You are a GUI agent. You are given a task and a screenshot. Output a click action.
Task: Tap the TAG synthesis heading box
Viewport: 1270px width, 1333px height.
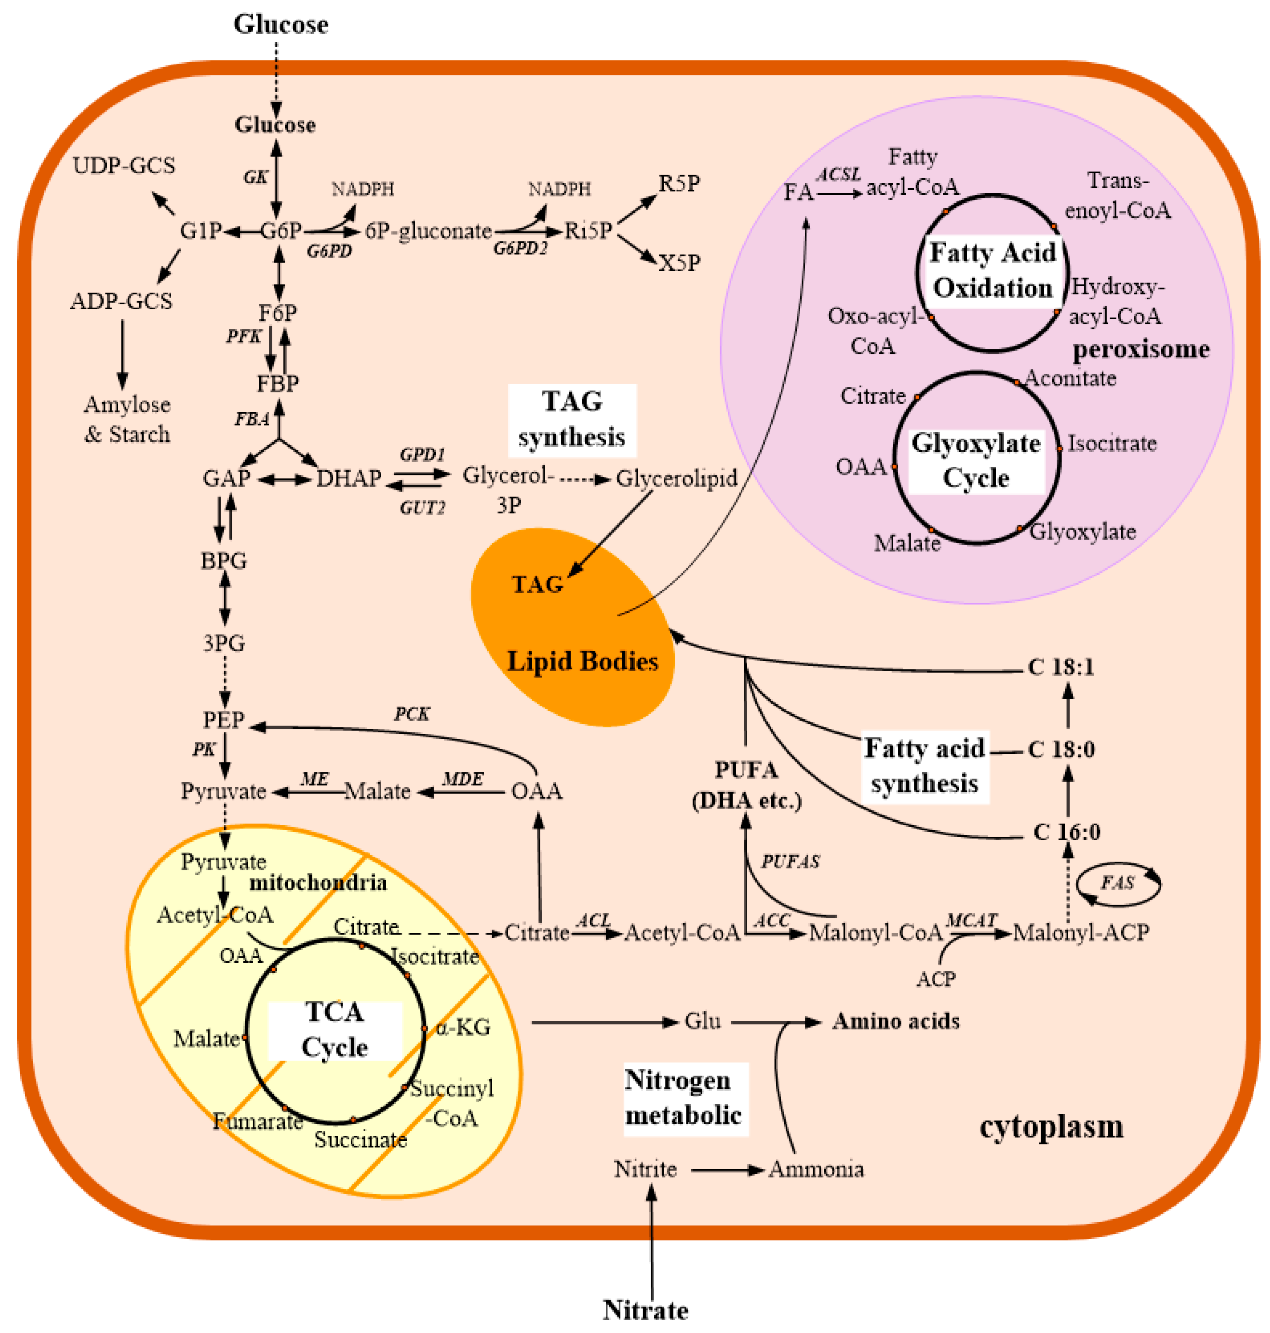tap(572, 420)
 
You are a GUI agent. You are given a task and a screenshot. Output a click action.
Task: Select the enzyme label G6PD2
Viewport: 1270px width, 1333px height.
tap(519, 248)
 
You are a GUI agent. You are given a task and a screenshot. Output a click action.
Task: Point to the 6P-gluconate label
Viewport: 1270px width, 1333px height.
tap(428, 231)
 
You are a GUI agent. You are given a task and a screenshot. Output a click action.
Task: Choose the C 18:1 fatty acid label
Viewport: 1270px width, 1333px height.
tap(1061, 667)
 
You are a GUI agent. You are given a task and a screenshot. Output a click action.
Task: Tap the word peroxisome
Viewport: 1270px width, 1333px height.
tap(1141, 349)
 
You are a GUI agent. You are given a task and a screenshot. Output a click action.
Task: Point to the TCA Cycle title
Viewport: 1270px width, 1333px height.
tap(335, 1030)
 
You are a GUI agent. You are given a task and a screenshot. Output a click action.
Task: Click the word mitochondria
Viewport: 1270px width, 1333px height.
tap(318, 883)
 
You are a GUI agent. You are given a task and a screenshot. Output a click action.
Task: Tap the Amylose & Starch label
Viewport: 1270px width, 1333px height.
tap(127, 419)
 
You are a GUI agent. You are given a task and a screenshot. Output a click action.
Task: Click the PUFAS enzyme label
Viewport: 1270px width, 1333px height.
tap(790, 862)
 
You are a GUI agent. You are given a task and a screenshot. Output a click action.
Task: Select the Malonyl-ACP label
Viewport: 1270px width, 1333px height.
tap(1081, 933)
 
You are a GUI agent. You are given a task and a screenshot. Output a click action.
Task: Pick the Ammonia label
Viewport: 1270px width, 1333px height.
tap(816, 1169)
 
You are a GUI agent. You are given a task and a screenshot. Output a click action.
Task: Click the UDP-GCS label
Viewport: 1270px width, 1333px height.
tap(124, 165)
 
